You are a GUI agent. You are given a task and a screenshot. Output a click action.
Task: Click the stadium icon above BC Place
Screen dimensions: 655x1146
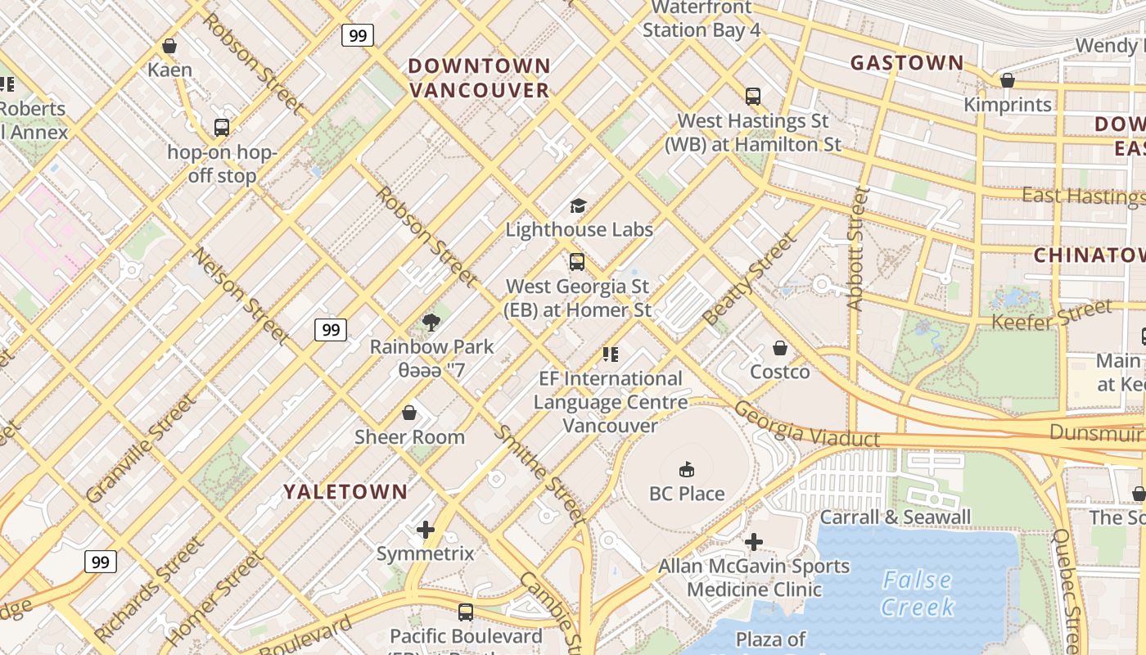tap(687, 469)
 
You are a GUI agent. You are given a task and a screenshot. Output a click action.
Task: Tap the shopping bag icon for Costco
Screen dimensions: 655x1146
tap(780, 348)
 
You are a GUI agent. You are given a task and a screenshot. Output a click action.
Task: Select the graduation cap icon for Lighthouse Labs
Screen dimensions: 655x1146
tap(579, 206)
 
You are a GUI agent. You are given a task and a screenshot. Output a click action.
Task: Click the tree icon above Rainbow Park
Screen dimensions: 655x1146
tap(431, 323)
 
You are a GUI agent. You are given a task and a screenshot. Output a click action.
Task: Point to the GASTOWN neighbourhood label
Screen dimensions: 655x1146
tap(907, 63)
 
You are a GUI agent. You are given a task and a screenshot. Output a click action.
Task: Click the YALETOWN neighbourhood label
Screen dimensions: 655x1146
tap(345, 491)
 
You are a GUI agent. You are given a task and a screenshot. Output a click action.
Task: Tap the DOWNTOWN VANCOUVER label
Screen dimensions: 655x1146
tap(479, 78)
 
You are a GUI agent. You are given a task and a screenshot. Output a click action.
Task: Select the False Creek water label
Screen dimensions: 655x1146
tap(918, 594)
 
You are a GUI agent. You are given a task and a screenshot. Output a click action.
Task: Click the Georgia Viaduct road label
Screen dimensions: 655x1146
tap(806, 425)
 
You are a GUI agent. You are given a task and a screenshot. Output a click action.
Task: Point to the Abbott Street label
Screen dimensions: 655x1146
tap(857, 248)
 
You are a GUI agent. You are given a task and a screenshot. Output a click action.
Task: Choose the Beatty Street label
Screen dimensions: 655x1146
tap(749, 278)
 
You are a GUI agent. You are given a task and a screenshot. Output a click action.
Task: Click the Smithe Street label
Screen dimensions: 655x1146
tap(540, 475)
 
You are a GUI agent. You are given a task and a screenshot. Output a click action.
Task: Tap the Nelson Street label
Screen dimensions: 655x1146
tap(241, 295)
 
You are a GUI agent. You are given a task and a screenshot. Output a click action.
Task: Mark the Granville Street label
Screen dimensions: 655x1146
tap(141, 448)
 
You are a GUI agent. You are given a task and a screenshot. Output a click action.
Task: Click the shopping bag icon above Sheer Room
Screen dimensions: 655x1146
tap(409, 413)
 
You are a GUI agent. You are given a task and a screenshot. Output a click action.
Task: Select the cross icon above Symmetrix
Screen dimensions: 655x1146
tap(426, 530)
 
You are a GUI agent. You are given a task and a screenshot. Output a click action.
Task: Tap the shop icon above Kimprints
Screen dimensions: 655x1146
tap(1008, 80)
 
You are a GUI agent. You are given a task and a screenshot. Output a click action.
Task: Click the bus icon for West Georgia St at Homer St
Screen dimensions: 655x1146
tap(577, 262)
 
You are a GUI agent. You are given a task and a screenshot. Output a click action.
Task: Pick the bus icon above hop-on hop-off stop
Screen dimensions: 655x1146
tap(222, 128)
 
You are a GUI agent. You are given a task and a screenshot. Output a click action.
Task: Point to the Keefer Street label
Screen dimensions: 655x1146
tap(1052, 315)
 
